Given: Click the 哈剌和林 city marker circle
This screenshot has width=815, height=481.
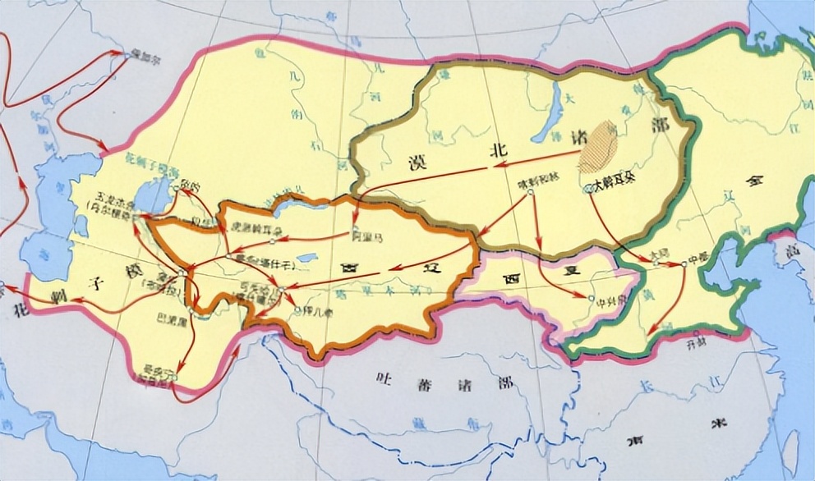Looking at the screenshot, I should [532, 192].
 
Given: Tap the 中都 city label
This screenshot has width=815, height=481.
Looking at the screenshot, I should [698, 257].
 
